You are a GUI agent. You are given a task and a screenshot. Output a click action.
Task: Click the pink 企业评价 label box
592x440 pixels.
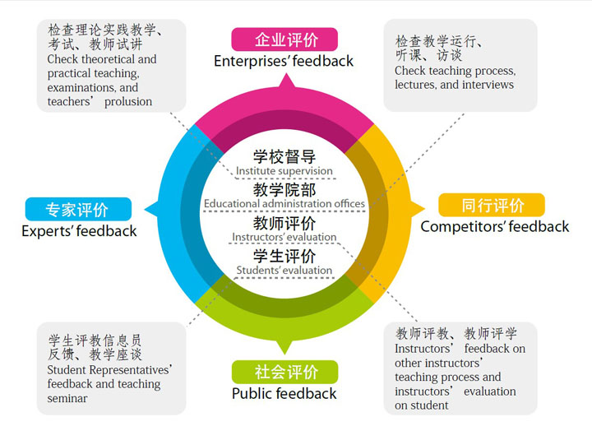tap(284, 39)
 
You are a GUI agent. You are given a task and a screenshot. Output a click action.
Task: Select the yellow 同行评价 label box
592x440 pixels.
tap(492, 205)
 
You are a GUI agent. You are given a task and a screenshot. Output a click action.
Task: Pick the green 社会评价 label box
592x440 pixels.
tap(284, 372)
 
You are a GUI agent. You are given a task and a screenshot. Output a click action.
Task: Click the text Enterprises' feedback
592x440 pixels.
tap(284, 61)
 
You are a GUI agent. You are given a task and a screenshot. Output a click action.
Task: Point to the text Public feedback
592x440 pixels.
tap(284, 393)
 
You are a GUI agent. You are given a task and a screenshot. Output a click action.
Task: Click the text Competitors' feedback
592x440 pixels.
tap(494, 226)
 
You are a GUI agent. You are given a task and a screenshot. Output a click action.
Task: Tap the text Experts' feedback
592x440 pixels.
tap(79, 231)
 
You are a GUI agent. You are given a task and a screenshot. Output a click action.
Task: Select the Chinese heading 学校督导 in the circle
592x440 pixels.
tap(284, 156)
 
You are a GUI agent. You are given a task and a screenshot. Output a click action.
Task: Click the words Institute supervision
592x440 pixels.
tap(284, 171)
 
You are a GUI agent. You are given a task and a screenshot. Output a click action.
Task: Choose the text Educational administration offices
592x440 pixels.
tap(284, 204)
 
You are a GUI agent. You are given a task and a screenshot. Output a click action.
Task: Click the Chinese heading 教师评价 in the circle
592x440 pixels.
tap(284, 223)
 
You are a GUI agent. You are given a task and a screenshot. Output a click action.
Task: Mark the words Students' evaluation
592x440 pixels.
tap(284, 270)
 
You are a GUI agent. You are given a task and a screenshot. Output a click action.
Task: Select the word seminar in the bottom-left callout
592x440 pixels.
tap(67, 399)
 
